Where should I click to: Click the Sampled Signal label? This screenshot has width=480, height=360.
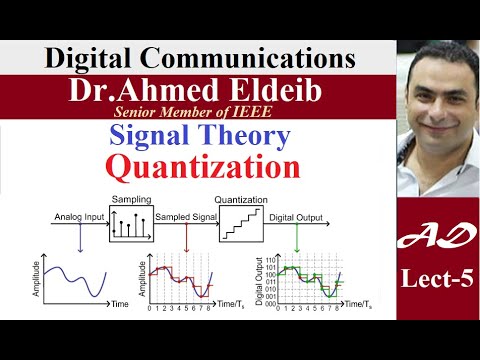[x=186, y=213]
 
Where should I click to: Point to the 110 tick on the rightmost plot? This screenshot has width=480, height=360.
[x=271, y=258]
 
